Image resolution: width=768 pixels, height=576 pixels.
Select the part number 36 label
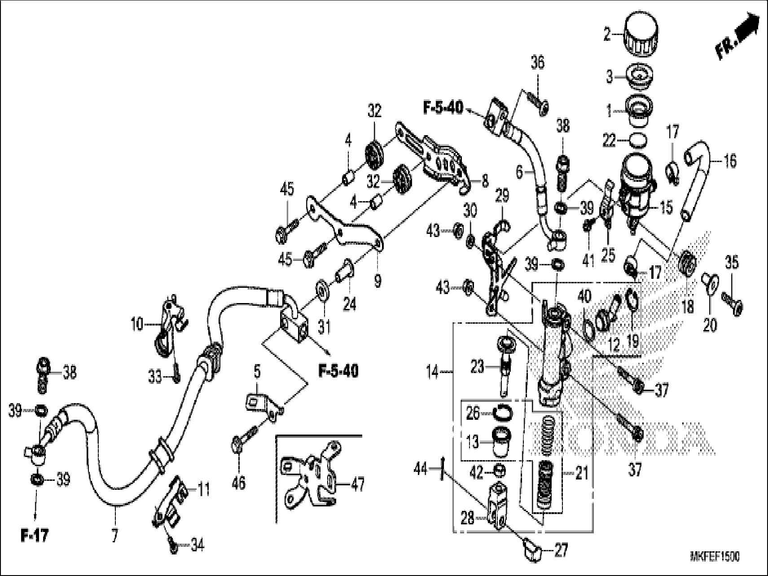coord(537,63)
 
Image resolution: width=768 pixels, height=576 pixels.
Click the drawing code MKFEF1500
coord(715,557)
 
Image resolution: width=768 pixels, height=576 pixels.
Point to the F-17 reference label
coord(35,536)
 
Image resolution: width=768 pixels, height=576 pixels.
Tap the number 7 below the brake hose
coord(115,536)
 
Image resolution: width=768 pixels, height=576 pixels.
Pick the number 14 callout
coord(432,372)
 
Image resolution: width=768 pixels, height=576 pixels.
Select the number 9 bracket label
coord(377,281)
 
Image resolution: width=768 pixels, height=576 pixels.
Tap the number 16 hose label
coord(730,161)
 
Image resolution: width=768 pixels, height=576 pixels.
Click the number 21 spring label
coord(581,473)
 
